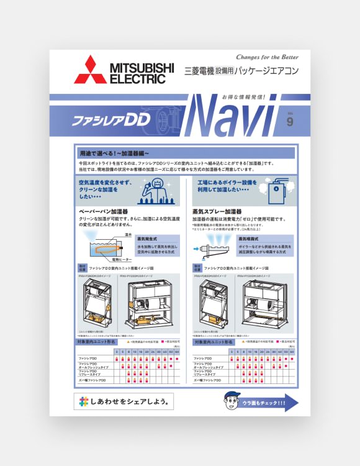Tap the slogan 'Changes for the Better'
267,57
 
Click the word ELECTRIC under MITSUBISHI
137,80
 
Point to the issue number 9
289,121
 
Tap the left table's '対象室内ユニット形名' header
94,342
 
